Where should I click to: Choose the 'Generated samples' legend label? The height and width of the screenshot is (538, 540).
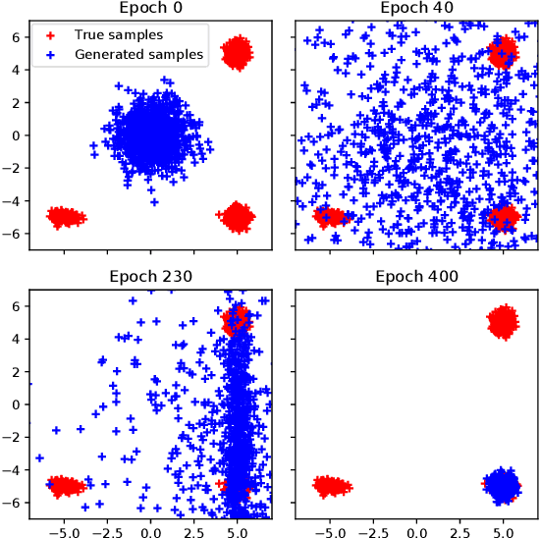(x=138, y=55)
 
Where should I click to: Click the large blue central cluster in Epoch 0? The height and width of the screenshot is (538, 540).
(x=150, y=135)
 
